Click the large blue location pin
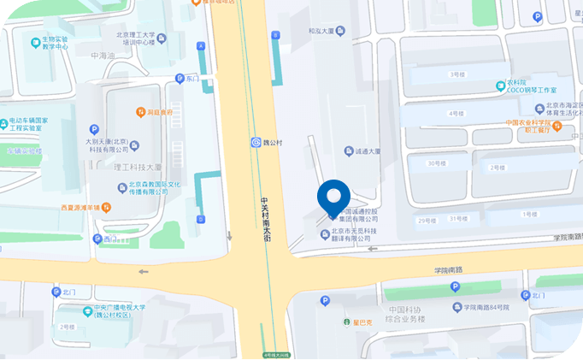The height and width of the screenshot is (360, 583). click(x=333, y=198)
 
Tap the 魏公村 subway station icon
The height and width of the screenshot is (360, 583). click(x=256, y=142)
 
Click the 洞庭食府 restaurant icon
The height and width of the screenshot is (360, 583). click(x=140, y=112)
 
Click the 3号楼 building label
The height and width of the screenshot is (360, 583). click(x=456, y=75)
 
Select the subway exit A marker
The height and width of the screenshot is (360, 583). click(x=201, y=45)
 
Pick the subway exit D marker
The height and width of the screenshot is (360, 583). click(x=201, y=220)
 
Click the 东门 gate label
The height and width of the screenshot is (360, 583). click(x=191, y=79)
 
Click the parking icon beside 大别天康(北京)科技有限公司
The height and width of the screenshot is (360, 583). click(x=82, y=129)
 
